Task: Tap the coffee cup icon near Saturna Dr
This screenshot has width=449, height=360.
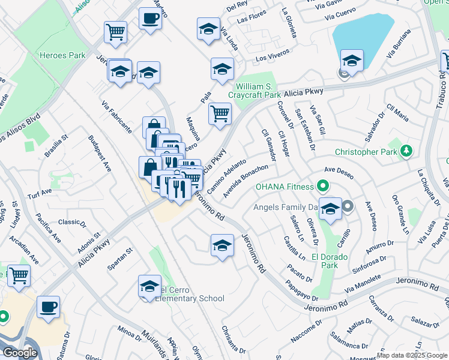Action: point(48,306)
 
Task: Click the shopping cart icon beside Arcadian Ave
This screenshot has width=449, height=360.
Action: point(19,275)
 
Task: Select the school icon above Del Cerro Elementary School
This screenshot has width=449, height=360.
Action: point(149,286)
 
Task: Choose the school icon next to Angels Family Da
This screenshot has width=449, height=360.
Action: point(330,208)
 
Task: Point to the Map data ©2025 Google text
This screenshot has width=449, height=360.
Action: point(411,355)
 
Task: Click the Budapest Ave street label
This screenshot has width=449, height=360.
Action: point(100,154)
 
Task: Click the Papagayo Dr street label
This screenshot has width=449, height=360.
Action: point(301,289)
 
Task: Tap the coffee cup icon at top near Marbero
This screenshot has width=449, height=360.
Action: point(149,17)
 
